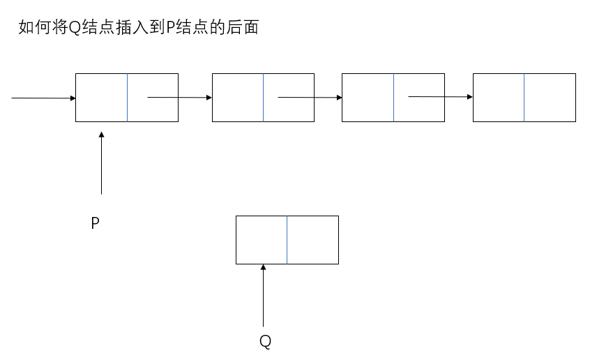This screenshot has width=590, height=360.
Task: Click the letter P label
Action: tap(96, 223)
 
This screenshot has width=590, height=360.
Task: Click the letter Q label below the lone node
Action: tap(265, 341)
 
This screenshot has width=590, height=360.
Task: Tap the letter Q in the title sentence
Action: tap(75, 28)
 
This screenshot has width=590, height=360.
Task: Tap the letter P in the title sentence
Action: tap(170, 27)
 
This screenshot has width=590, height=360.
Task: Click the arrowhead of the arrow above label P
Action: tap(101, 135)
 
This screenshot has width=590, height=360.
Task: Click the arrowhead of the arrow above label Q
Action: tap(263, 267)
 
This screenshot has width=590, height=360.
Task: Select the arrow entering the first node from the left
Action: tap(44, 98)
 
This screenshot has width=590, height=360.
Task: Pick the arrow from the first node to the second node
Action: tap(179, 98)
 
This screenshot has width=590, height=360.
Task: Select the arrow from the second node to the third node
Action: tap(310, 98)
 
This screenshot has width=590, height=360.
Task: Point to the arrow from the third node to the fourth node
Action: tap(440, 97)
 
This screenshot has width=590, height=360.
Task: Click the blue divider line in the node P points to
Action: tap(127, 98)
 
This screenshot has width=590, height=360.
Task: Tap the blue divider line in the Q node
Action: tap(287, 240)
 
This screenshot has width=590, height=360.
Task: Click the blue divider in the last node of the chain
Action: tap(524, 98)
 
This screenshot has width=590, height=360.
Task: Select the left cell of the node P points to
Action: tap(102, 98)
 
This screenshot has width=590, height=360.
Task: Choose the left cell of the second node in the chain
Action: tap(238, 98)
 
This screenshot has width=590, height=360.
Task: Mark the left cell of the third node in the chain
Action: tap(368, 98)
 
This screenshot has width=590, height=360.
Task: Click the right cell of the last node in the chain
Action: tap(550, 98)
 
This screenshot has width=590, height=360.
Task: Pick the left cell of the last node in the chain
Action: tap(499, 98)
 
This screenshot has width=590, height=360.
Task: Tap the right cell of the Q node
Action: tap(312, 240)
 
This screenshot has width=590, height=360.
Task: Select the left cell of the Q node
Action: tap(262, 240)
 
